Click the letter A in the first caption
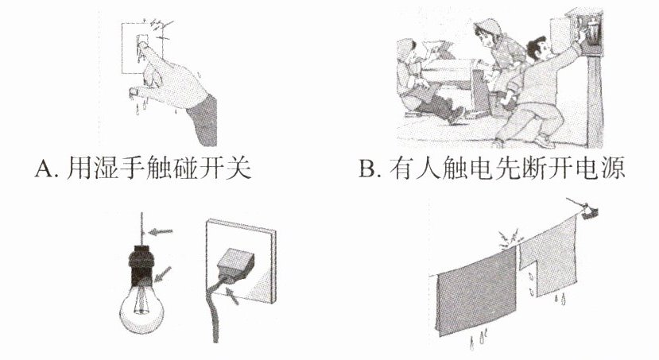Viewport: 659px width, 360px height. click(x=43, y=168)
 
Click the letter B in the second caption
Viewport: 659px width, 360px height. click(x=367, y=168)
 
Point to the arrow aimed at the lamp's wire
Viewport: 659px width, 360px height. click(x=161, y=231)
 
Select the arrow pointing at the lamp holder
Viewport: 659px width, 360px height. click(x=163, y=273)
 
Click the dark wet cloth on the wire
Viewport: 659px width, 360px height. click(x=477, y=290)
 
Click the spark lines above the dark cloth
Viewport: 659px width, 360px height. click(x=510, y=239)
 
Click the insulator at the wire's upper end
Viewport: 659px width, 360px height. click(x=590, y=212)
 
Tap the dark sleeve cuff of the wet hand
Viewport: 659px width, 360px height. click(x=203, y=120)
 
